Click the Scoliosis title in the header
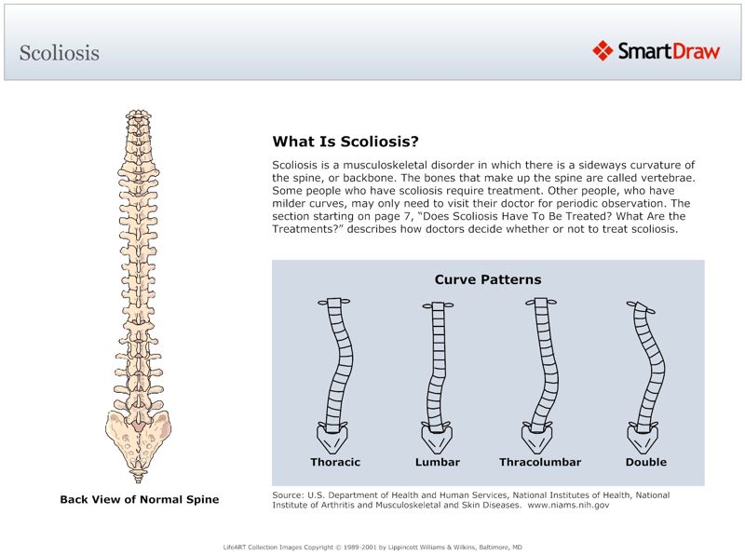pyautogui.click(x=59, y=53)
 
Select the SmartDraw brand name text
pyautogui.click(x=670, y=50)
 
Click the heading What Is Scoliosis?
pyautogui.click(x=345, y=142)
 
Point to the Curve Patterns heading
pyautogui.click(x=488, y=279)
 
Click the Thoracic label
pyautogui.click(x=335, y=462)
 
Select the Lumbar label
pyautogui.click(x=437, y=462)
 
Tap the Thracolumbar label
pyautogui.click(x=540, y=462)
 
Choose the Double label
pyautogui.click(x=646, y=462)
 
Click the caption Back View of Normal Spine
pyautogui.click(x=140, y=500)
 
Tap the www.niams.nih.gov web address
pyautogui.click(x=568, y=506)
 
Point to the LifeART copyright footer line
pyautogui.click(x=372, y=547)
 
